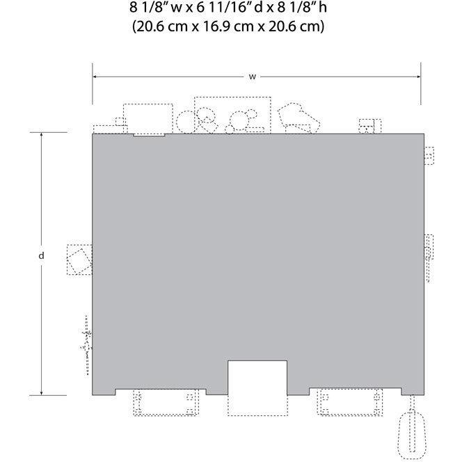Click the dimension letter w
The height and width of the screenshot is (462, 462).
pyautogui.click(x=252, y=77)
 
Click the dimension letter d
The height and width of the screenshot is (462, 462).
pyautogui.click(x=41, y=255)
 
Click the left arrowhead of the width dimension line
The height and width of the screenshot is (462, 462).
pyautogui.click(x=95, y=77)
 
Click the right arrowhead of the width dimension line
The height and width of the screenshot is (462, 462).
pyautogui.click(x=418, y=77)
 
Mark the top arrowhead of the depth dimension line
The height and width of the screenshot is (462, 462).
pyautogui.click(x=41, y=135)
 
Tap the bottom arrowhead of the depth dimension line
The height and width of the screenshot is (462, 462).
pyautogui.click(x=41, y=392)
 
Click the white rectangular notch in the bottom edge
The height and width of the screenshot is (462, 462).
pyautogui.click(x=257, y=377)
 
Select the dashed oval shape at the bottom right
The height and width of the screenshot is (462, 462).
pyautogui.click(x=412, y=435)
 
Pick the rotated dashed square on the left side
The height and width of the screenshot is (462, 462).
pyautogui.click(x=79, y=260)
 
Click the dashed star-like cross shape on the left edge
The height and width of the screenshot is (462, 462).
pyautogui.click(x=86, y=345)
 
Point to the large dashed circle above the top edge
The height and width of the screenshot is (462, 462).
pyautogui.click(x=186, y=122)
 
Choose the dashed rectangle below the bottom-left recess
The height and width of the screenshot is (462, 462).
pyautogui.click(x=166, y=402)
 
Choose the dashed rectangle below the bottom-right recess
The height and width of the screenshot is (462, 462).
pyautogui.click(x=350, y=402)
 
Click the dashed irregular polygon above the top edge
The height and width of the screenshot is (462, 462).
pyautogui.click(x=298, y=118)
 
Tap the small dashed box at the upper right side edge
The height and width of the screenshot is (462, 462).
pyautogui.click(x=429, y=155)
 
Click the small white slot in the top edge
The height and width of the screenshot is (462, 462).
pyautogui.click(x=149, y=135)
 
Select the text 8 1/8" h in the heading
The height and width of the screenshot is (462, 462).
pyautogui.click(x=302, y=8)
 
